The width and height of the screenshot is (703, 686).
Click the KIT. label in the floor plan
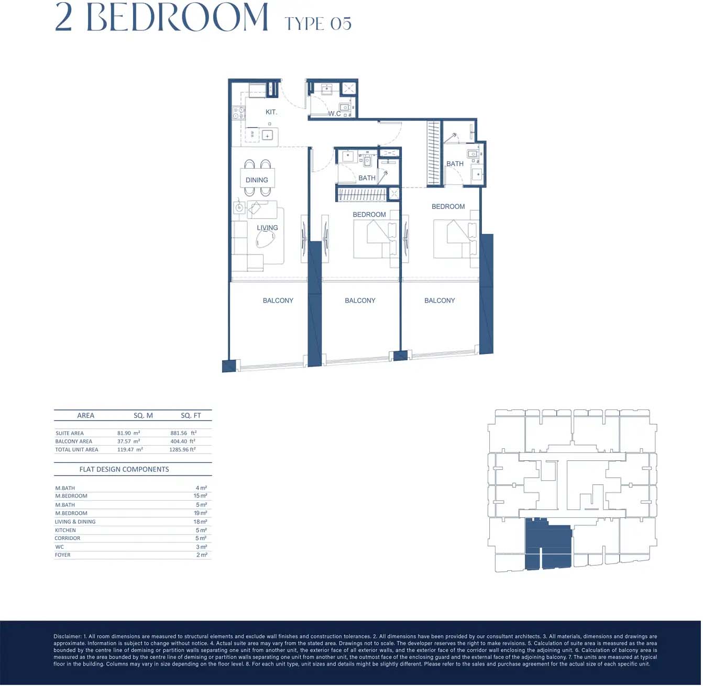pos(271,112)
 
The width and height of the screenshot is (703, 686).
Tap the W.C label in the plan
pos(334,114)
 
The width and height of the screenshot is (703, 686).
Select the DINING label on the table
pos(257,180)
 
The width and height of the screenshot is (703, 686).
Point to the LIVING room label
pos(267,227)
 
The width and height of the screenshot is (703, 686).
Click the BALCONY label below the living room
pos(278,301)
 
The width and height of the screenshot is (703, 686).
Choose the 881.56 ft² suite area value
pos(183,433)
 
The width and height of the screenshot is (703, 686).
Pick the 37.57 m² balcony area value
pos(129,441)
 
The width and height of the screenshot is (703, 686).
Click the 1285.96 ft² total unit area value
pos(182,449)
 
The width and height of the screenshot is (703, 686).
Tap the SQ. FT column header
pos(191,416)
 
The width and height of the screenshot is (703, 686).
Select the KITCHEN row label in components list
pos(65,530)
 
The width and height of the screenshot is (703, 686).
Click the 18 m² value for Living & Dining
pos(200,522)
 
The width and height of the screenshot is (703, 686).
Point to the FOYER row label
pos(62,555)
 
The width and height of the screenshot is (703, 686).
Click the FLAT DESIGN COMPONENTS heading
pos(124,469)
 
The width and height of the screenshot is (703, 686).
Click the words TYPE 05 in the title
pos(318,24)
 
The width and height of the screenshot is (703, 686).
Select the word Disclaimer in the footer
pos(67,637)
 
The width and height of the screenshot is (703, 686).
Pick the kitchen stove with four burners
pos(238,113)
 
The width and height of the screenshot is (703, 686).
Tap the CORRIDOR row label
pos(67,538)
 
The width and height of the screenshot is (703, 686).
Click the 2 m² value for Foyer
pos(202,555)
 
